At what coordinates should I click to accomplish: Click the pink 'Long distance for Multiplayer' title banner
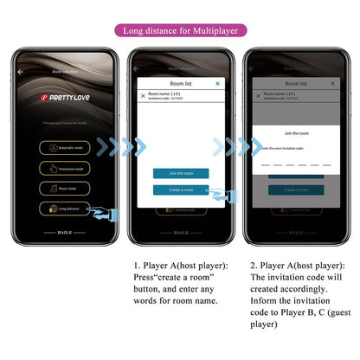[x=180, y=30]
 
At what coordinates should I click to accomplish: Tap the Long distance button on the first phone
[x=65, y=208]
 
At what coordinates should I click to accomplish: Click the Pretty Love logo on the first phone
[x=66, y=99]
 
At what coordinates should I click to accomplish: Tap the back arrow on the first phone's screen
[x=21, y=72]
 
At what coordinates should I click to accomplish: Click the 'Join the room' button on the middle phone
[x=180, y=173]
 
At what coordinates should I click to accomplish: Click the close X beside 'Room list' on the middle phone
[x=217, y=83]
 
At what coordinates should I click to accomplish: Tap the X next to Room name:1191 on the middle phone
[x=143, y=95]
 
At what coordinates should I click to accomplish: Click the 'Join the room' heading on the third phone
[x=297, y=133]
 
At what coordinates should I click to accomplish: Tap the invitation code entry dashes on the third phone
[x=297, y=163]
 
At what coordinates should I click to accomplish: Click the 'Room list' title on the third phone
[x=297, y=83]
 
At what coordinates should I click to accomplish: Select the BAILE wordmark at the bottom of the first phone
[x=66, y=232]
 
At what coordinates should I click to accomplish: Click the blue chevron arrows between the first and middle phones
[x=121, y=146]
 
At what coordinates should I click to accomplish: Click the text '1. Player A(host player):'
[x=180, y=266]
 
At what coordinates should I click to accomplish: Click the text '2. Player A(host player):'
[x=295, y=266]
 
